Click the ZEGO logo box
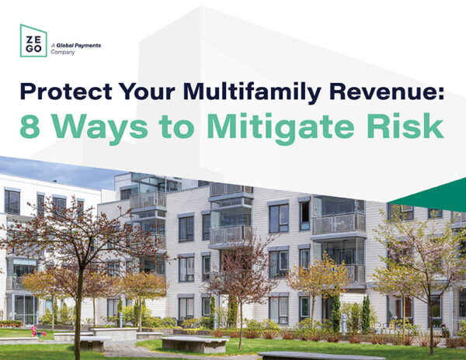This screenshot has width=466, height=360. (33, 40)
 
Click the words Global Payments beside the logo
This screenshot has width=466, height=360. (78, 46)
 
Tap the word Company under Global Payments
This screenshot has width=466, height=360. (62, 52)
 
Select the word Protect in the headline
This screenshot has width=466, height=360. (66, 91)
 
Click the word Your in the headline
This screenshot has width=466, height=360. (147, 92)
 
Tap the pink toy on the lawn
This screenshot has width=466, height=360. (37, 331)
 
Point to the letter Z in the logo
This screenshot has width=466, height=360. (30, 40)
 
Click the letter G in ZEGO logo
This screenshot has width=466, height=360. (30, 49)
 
